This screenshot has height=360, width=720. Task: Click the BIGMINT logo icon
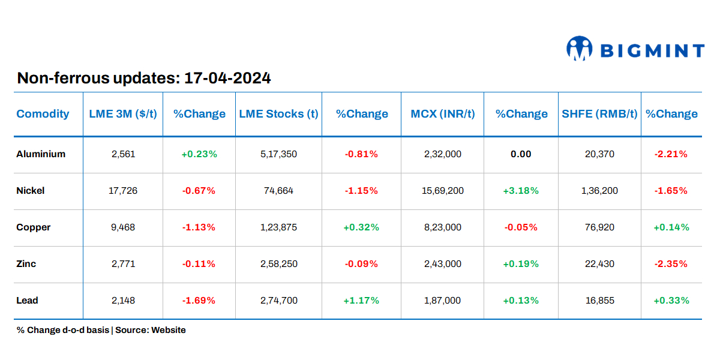point(580,49)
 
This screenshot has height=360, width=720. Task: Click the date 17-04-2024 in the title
point(227,78)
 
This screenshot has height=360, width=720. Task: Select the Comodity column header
point(43,114)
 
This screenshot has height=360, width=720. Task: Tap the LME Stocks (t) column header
point(278,114)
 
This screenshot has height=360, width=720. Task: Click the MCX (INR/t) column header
point(442,114)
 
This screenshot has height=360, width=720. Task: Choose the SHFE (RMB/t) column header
point(599,114)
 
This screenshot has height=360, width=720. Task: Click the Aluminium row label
point(41,154)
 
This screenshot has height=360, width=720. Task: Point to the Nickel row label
point(31,191)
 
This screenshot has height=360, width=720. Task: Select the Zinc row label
point(26,264)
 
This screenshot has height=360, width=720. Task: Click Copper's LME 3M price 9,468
point(124,227)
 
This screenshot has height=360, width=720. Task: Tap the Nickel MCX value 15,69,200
point(442,191)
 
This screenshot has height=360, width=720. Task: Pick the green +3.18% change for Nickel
point(521,191)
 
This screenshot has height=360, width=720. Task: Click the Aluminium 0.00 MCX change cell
point(521,154)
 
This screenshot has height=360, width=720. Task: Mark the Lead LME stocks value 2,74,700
point(278,301)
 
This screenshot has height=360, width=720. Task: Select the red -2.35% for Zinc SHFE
point(671,264)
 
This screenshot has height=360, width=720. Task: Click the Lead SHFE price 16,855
point(599,301)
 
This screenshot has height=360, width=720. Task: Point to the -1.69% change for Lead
point(199,301)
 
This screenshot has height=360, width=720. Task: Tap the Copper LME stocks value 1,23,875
point(278,227)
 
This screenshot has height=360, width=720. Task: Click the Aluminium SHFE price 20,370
point(599,154)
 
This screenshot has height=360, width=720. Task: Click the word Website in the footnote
point(169,330)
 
